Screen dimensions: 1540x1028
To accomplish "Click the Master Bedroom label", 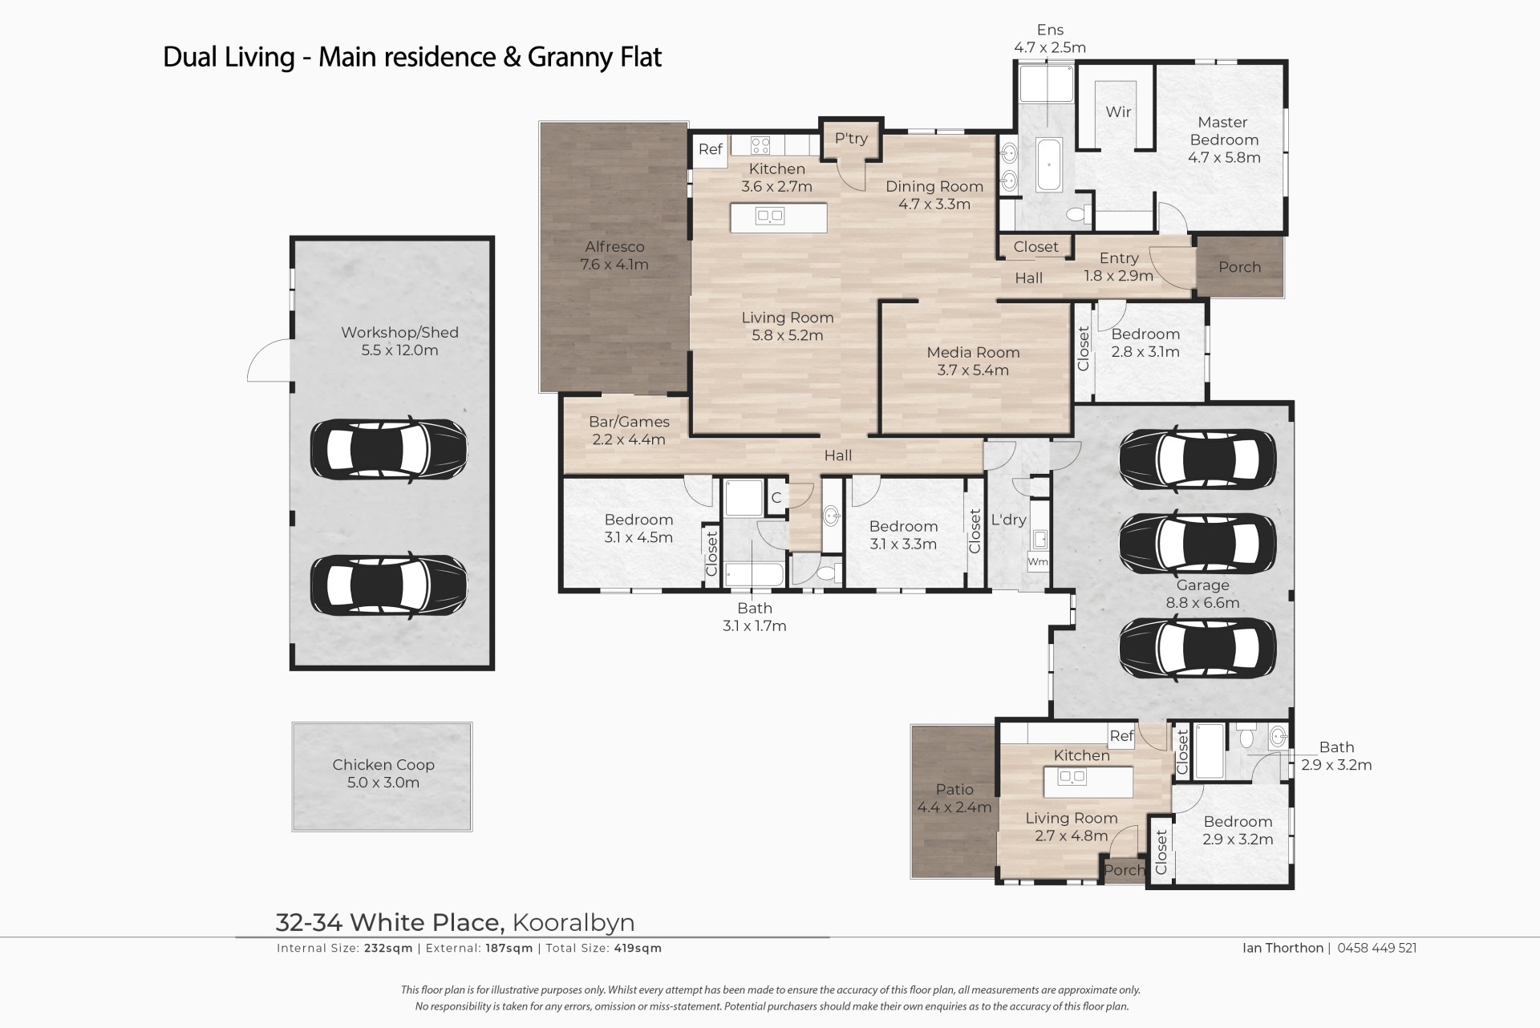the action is click(x=1223, y=131).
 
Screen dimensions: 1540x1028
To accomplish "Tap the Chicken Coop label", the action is click(x=383, y=765).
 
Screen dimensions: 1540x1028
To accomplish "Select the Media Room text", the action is click(x=973, y=352).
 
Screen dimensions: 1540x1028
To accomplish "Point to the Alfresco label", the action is click(x=614, y=247).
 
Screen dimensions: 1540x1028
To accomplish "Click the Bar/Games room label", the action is click(x=629, y=422).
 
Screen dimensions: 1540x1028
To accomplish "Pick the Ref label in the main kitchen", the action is click(x=711, y=149).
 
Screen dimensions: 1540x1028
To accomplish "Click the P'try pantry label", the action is click(x=851, y=138).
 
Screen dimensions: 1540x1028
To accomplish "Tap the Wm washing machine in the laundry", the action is click(x=1038, y=561).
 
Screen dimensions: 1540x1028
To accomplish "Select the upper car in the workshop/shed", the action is click(x=388, y=449).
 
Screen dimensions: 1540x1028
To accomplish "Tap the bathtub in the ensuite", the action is click(x=1048, y=164).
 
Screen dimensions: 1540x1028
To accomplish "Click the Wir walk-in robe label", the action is click(x=1118, y=112).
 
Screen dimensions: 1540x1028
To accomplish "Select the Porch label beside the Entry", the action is click(x=1240, y=267).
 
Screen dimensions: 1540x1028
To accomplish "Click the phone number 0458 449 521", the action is click(x=1377, y=948).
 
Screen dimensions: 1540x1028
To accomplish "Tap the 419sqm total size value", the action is click(x=637, y=948).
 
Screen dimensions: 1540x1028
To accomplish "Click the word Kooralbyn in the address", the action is click(x=573, y=923).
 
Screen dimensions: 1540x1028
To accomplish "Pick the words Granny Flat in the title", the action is click(x=594, y=58).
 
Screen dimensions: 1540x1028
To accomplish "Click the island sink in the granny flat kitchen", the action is click(x=1072, y=776).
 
